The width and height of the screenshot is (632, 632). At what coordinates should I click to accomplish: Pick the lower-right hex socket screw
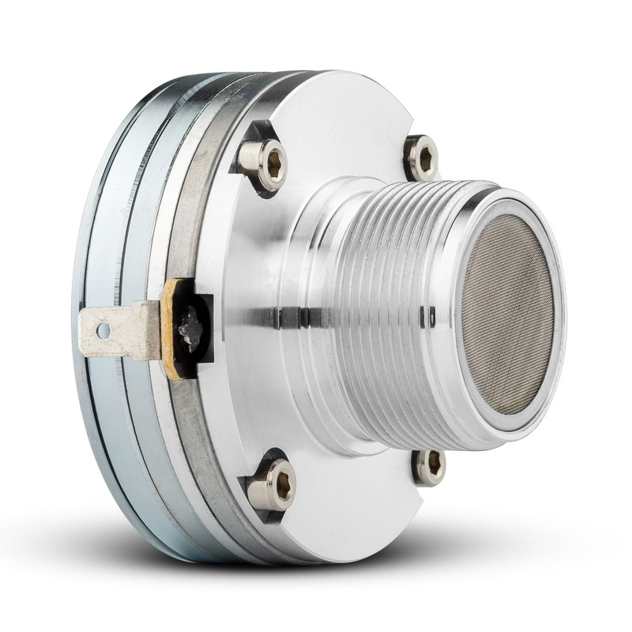tap(429, 466)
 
